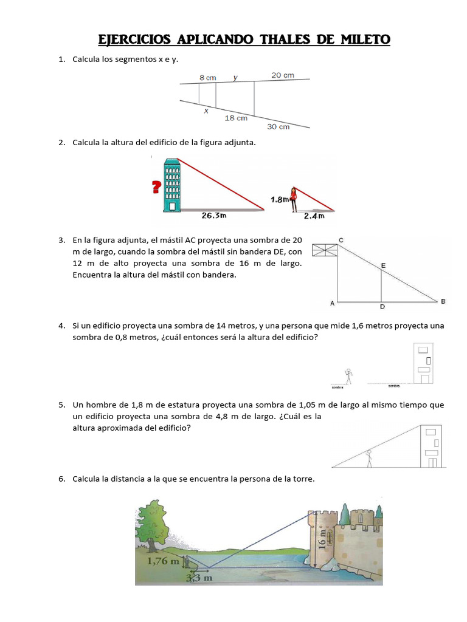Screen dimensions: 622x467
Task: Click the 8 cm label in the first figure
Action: click(207, 78)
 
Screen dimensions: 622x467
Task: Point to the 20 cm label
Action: click(282, 75)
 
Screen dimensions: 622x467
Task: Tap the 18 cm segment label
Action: click(236, 118)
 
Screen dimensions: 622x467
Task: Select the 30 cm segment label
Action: click(278, 127)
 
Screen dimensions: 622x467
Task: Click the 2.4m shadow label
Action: click(314, 215)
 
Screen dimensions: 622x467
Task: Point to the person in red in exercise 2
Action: click(293, 198)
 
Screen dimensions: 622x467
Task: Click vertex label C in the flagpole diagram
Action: click(341, 241)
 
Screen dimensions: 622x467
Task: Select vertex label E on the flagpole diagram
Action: click(382, 265)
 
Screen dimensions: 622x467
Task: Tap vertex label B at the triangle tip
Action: click(443, 301)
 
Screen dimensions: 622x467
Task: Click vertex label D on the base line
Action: click(381, 307)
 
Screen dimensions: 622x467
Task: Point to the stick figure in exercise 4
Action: click(348, 377)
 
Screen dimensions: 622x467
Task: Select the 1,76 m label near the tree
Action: click(164, 561)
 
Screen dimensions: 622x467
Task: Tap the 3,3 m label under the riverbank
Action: click(198, 579)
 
